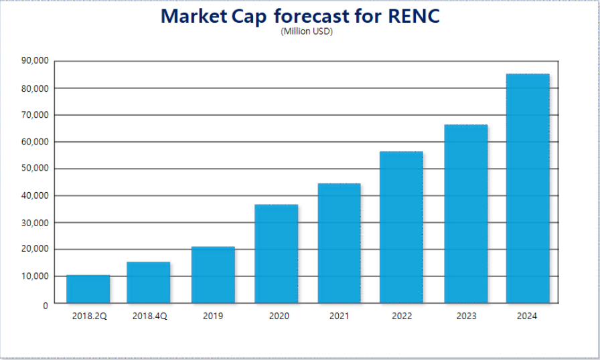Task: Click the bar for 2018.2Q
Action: (88, 289)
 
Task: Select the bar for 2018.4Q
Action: (148, 282)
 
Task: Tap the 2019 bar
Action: (213, 275)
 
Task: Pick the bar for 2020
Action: (276, 254)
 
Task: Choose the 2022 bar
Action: (401, 227)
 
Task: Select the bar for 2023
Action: (466, 213)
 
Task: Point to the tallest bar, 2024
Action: (528, 188)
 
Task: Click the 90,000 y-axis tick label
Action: (35, 62)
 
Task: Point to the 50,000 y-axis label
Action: (35, 169)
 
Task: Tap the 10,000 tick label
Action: (35, 276)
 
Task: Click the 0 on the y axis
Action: (45, 305)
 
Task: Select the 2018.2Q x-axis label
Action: (89, 316)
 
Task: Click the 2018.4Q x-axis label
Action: (149, 316)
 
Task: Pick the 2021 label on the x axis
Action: (339, 316)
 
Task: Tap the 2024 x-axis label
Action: (528, 316)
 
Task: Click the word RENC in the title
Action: (414, 16)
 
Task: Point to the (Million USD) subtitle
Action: (307, 31)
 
